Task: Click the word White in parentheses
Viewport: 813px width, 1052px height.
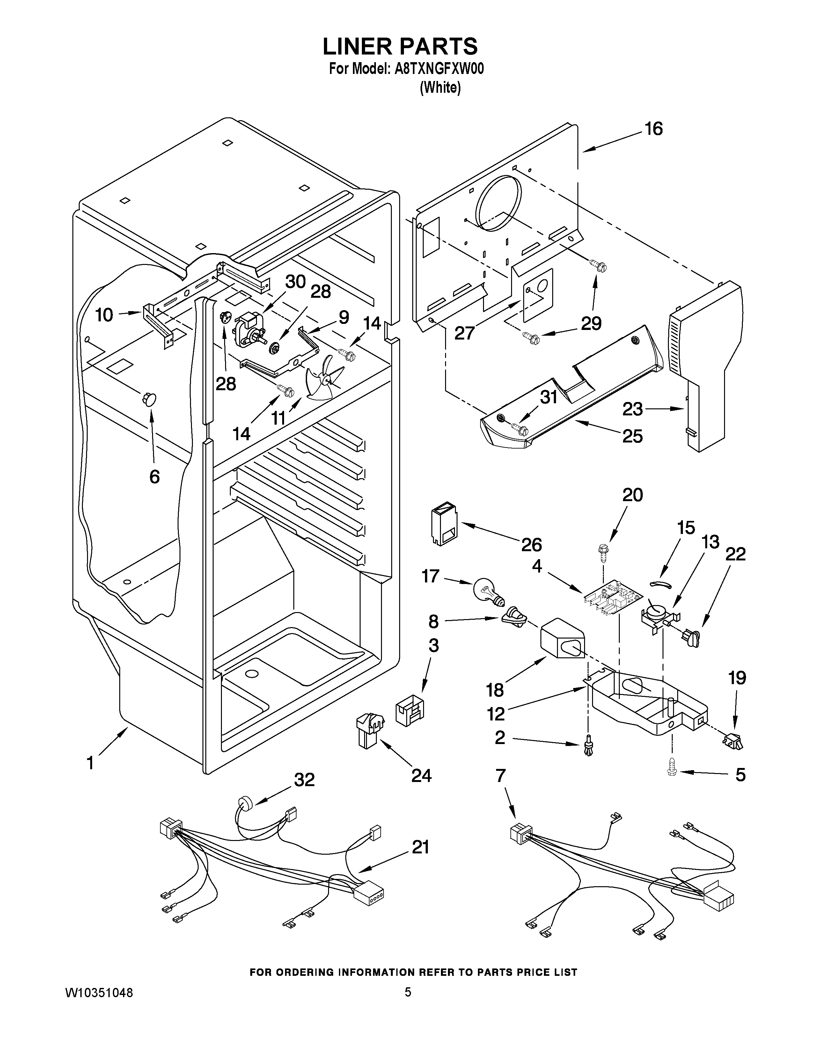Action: [440, 88]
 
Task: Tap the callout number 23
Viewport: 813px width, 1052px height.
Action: [633, 409]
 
